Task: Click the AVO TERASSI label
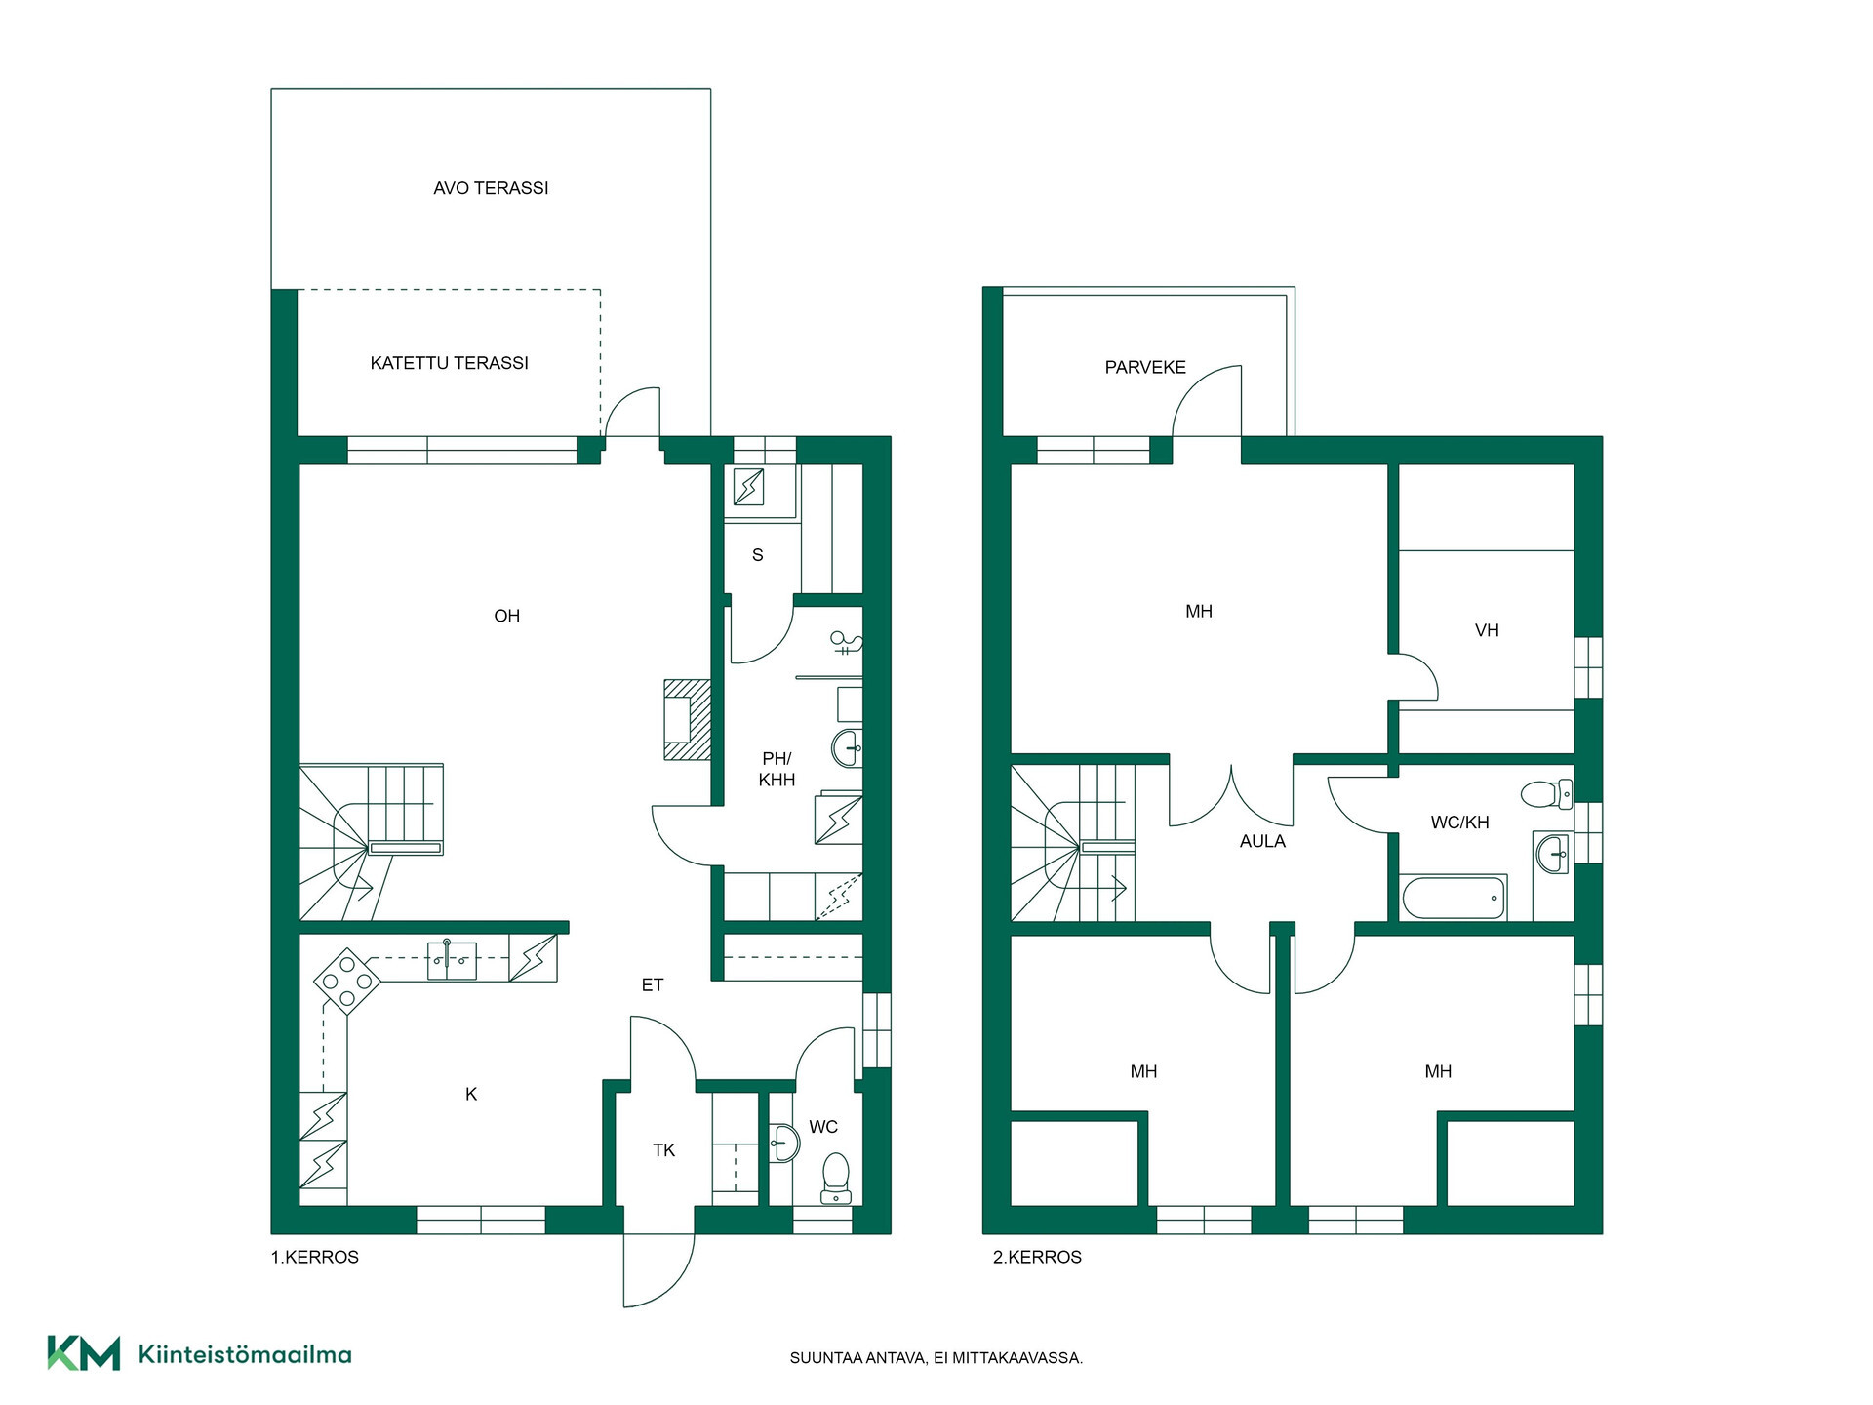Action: (x=491, y=188)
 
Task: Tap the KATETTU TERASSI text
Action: (x=449, y=363)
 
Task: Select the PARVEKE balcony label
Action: (x=1145, y=368)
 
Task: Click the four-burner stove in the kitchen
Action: (x=347, y=981)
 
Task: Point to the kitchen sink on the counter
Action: (x=452, y=960)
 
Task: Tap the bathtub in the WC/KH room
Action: (x=1454, y=898)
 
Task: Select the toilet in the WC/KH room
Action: (x=1546, y=793)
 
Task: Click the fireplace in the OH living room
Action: (x=687, y=719)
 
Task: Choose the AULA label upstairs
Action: (x=1262, y=841)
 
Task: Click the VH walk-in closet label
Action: (x=1487, y=630)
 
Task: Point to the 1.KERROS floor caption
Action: (x=315, y=1258)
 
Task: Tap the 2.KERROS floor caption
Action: (x=1037, y=1258)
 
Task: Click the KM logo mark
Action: (x=84, y=1353)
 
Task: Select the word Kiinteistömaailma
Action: (x=245, y=1354)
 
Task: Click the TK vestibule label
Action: (x=663, y=1150)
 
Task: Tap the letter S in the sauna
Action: (x=758, y=555)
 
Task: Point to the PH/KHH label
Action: (x=777, y=769)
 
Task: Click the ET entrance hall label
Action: (x=653, y=985)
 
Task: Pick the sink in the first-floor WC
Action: (x=783, y=1143)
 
